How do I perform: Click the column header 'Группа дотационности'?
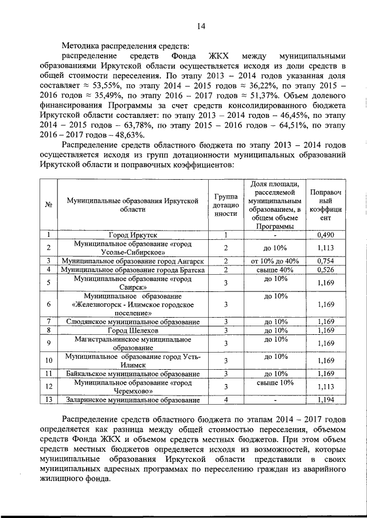coord(226,204)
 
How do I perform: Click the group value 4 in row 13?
coord(226,400)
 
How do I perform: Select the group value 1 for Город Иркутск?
coord(226,235)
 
